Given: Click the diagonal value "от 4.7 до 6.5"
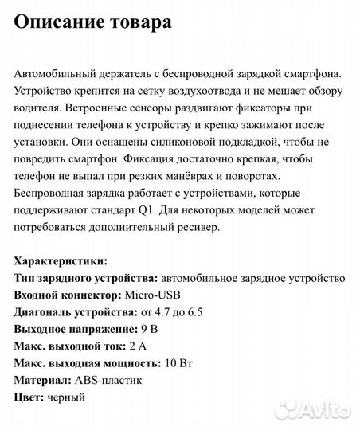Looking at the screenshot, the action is click(199, 312).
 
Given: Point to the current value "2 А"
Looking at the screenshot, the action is click(138, 346).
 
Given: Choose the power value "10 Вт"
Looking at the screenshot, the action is click(182, 363).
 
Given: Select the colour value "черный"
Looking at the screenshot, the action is click(65, 397).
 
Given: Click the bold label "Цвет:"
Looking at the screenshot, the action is click(29, 397).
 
